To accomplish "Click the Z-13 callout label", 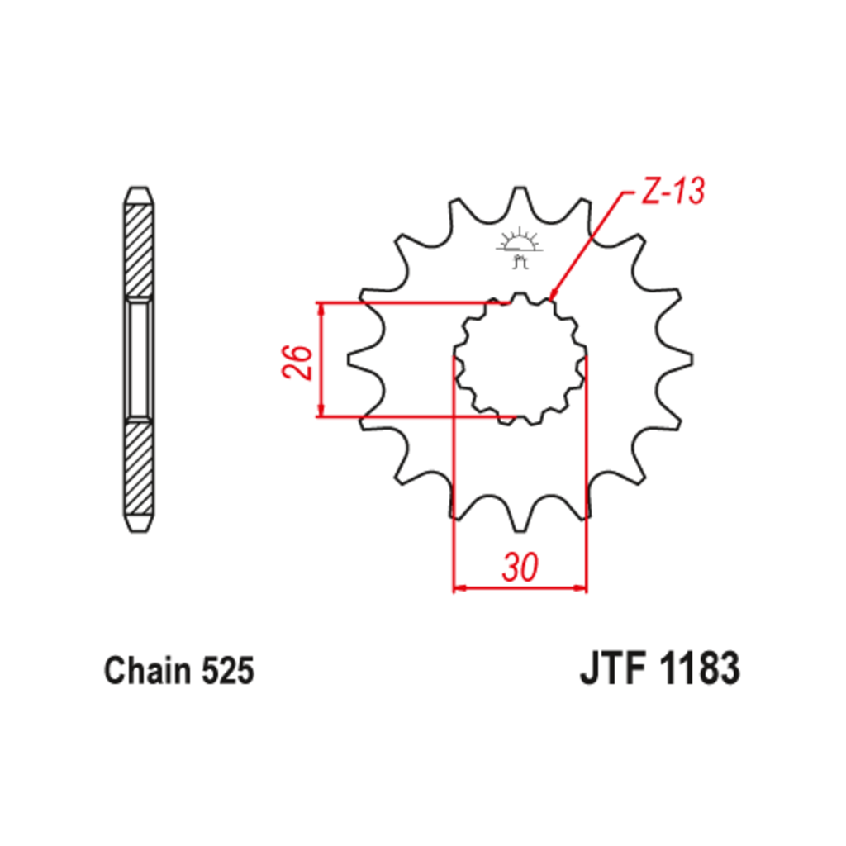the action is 673,191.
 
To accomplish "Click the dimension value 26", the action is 297,361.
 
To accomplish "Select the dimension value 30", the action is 520,567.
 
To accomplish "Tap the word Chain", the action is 148,671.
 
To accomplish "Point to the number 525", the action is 227,671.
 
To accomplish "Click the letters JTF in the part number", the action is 613,668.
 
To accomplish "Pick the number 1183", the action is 700,668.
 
